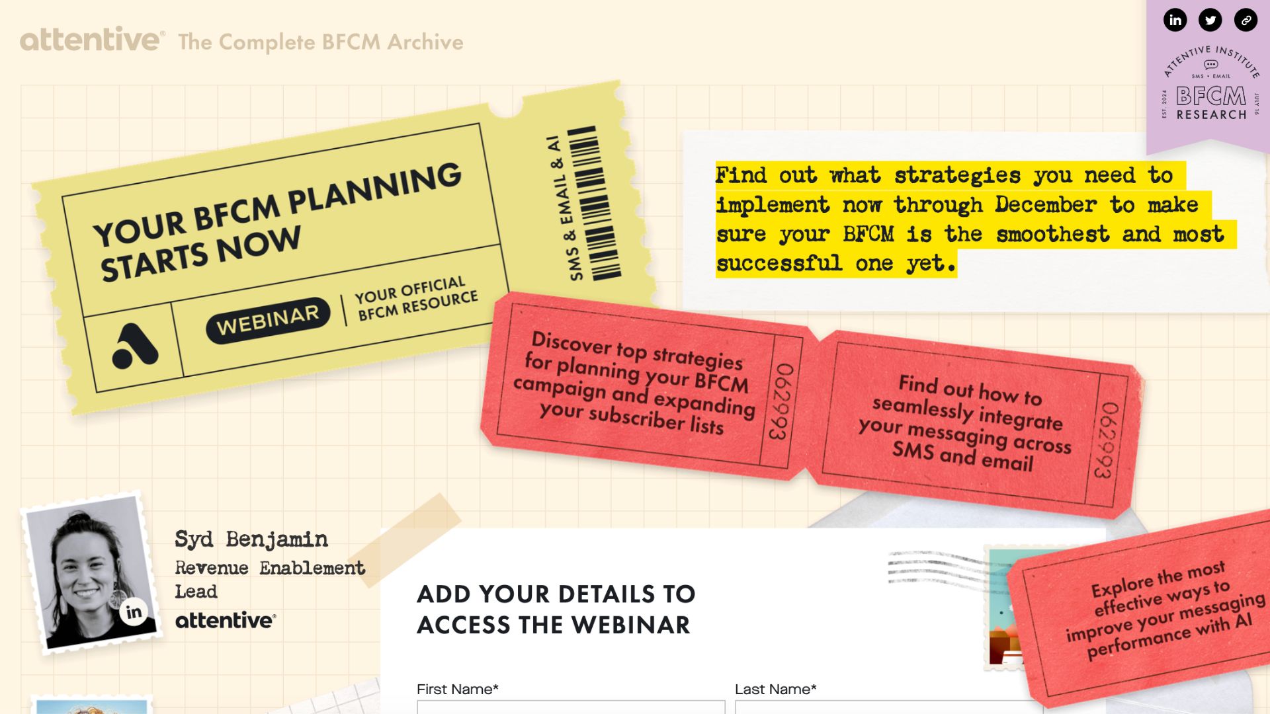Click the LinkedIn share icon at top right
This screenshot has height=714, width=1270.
(x=1175, y=20)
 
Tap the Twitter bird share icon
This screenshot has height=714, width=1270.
(x=1210, y=20)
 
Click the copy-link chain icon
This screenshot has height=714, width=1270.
(x=1246, y=20)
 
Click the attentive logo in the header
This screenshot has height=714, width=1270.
(x=92, y=40)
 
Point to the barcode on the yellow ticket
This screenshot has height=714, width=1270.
(x=594, y=204)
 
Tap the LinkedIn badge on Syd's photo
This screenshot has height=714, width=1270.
(x=134, y=612)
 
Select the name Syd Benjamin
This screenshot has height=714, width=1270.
(x=251, y=539)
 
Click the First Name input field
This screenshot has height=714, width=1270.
(x=571, y=707)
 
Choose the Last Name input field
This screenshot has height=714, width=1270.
(x=889, y=707)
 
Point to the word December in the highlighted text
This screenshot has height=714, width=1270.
(x=1045, y=205)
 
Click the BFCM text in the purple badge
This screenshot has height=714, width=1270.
(x=1211, y=97)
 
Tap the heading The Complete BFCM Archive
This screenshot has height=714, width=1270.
(x=321, y=42)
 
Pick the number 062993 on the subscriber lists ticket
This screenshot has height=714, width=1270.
(x=781, y=402)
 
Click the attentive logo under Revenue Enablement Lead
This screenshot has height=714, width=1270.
(x=226, y=620)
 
